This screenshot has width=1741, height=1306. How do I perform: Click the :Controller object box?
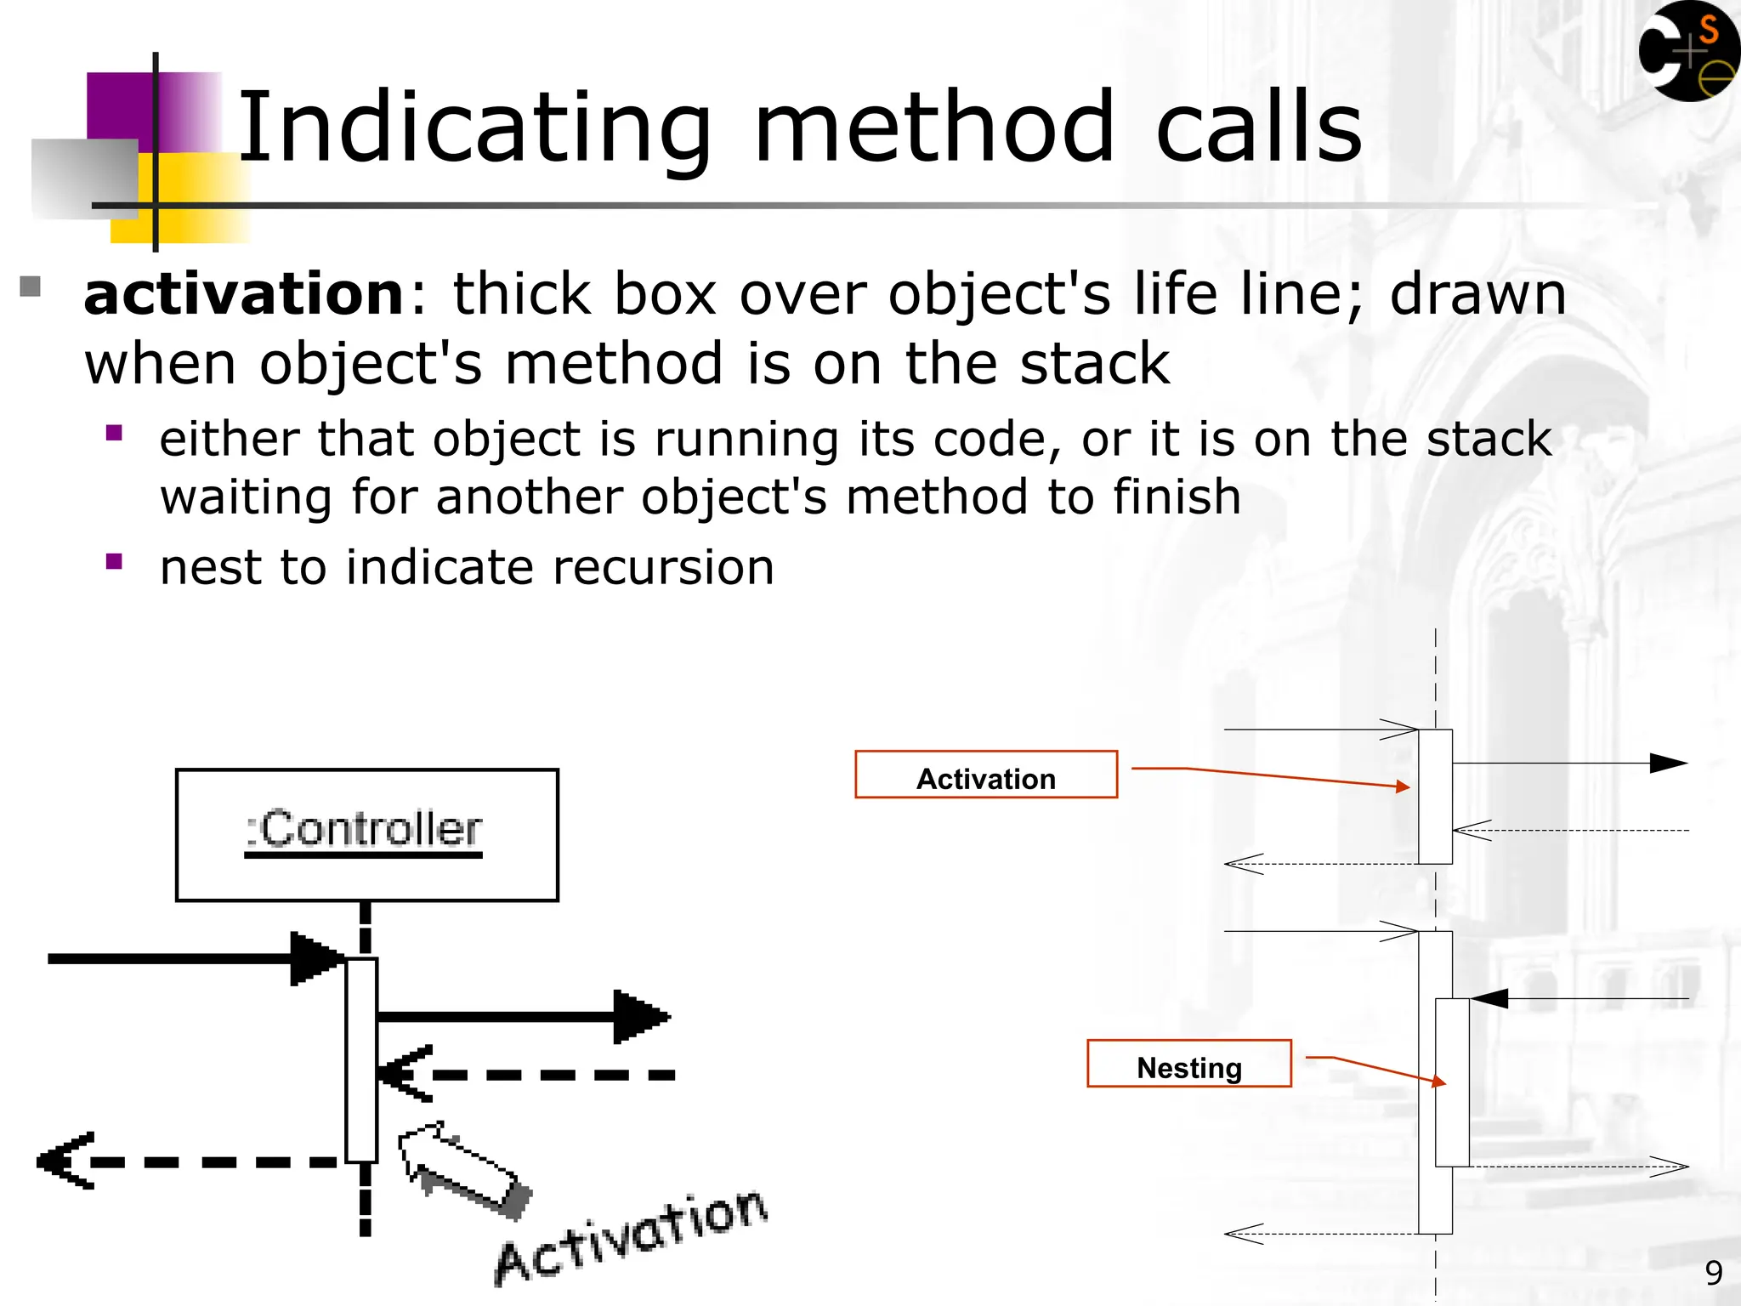366,834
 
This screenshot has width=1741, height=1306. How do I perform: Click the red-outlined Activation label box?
985,775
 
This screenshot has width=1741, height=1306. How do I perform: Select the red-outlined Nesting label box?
1188,1064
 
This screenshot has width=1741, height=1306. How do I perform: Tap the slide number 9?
1713,1273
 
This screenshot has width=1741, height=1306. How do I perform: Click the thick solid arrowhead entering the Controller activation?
315,959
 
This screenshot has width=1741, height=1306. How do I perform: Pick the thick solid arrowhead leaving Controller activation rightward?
639,1016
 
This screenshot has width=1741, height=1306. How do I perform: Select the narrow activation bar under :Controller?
361,1060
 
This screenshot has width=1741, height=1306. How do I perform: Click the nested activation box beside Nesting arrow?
1452,1082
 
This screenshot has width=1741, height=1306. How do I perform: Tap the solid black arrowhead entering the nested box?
1489,998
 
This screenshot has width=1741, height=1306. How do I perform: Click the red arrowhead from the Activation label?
1404,786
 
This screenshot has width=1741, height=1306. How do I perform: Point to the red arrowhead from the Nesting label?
1439,1082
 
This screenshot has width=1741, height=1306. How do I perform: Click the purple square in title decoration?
119,106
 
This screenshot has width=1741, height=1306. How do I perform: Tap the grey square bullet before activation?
30,287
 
